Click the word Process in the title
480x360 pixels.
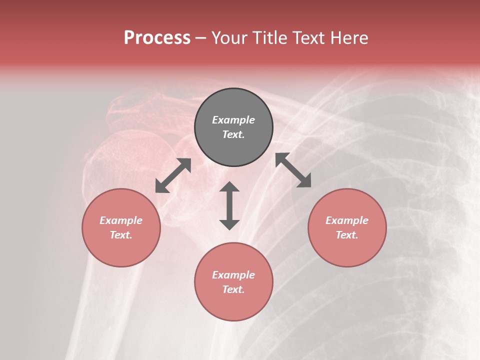click(x=157, y=38)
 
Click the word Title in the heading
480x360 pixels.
click(x=270, y=38)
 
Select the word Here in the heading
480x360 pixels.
click(x=348, y=38)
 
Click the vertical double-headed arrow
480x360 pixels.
click(x=229, y=205)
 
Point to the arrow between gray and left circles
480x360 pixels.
click(x=173, y=175)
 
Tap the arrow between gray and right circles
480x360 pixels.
click(x=293, y=170)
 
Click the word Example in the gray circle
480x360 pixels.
click(x=233, y=120)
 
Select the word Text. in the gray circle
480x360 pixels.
click(x=233, y=134)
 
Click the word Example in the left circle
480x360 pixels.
click(x=121, y=220)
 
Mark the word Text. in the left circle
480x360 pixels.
click(x=121, y=235)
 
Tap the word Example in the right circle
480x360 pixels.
click(x=347, y=220)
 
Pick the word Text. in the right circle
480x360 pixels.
click(x=347, y=235)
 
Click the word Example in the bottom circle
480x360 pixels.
click(x=233, y=275)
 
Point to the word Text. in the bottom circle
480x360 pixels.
click(x=233, y=289)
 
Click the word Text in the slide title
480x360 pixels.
click(x=309, y=38)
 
